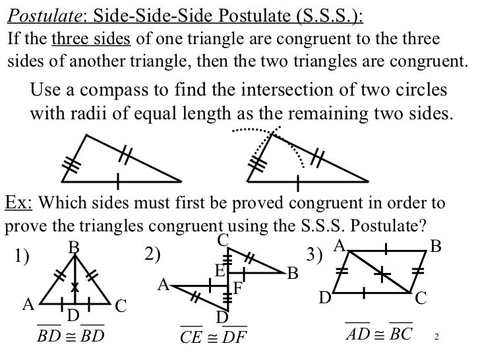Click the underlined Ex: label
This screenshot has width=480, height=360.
[x=18, y=202]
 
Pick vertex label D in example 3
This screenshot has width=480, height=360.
[x=324, y=299]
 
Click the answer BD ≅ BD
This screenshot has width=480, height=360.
[x=71, y=336]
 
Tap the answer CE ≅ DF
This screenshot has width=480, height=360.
[x=213, y=338]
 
